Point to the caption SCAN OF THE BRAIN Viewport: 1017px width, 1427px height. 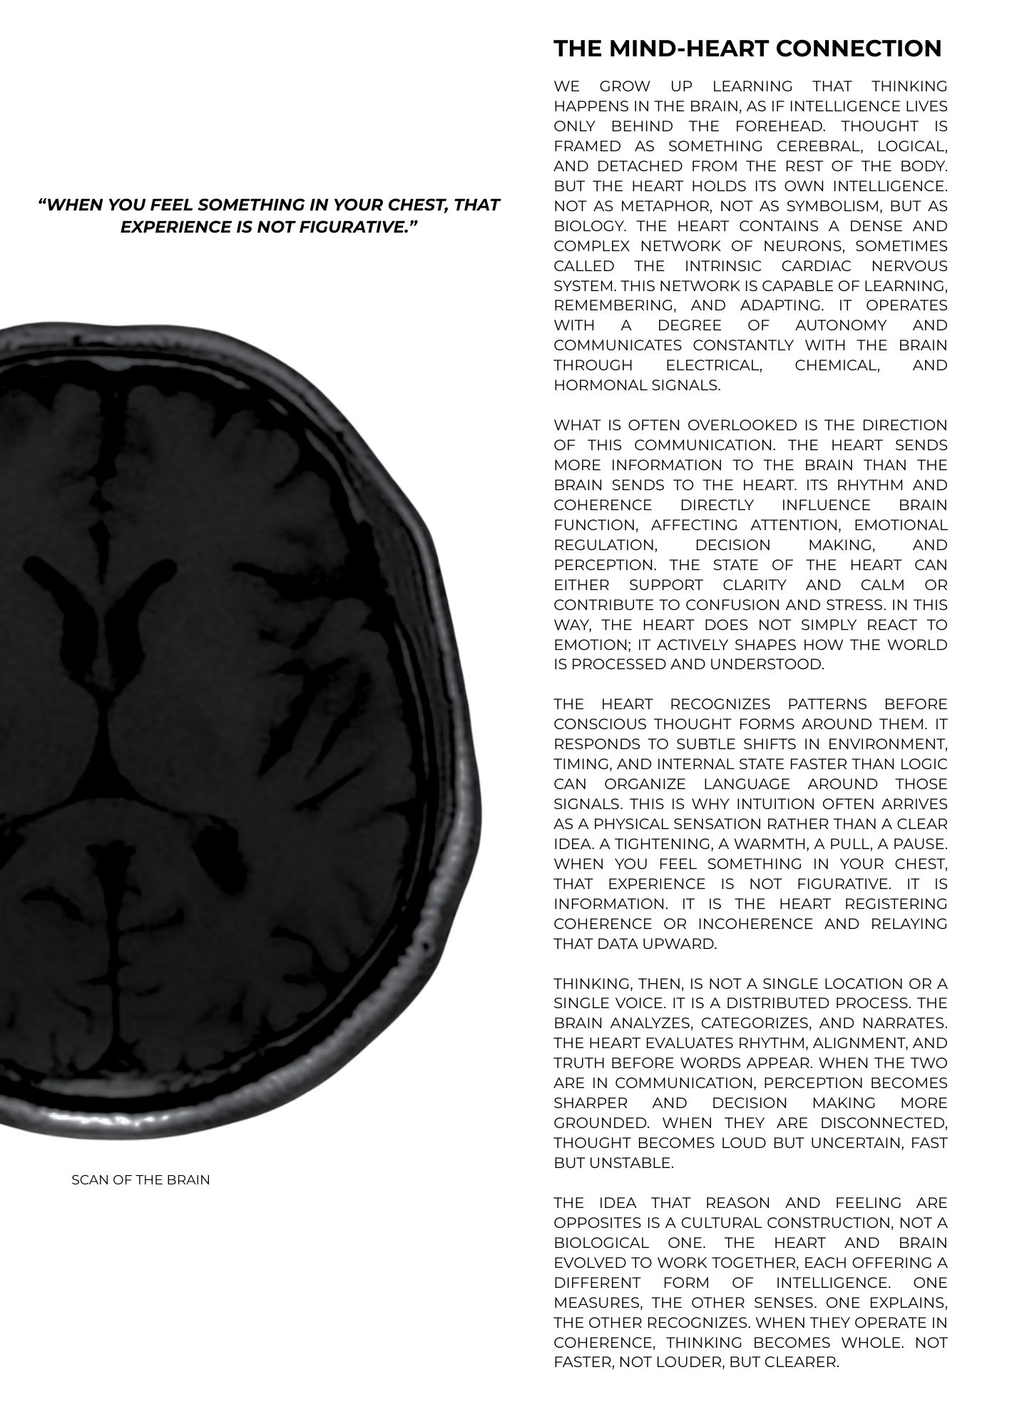(140, 1179)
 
